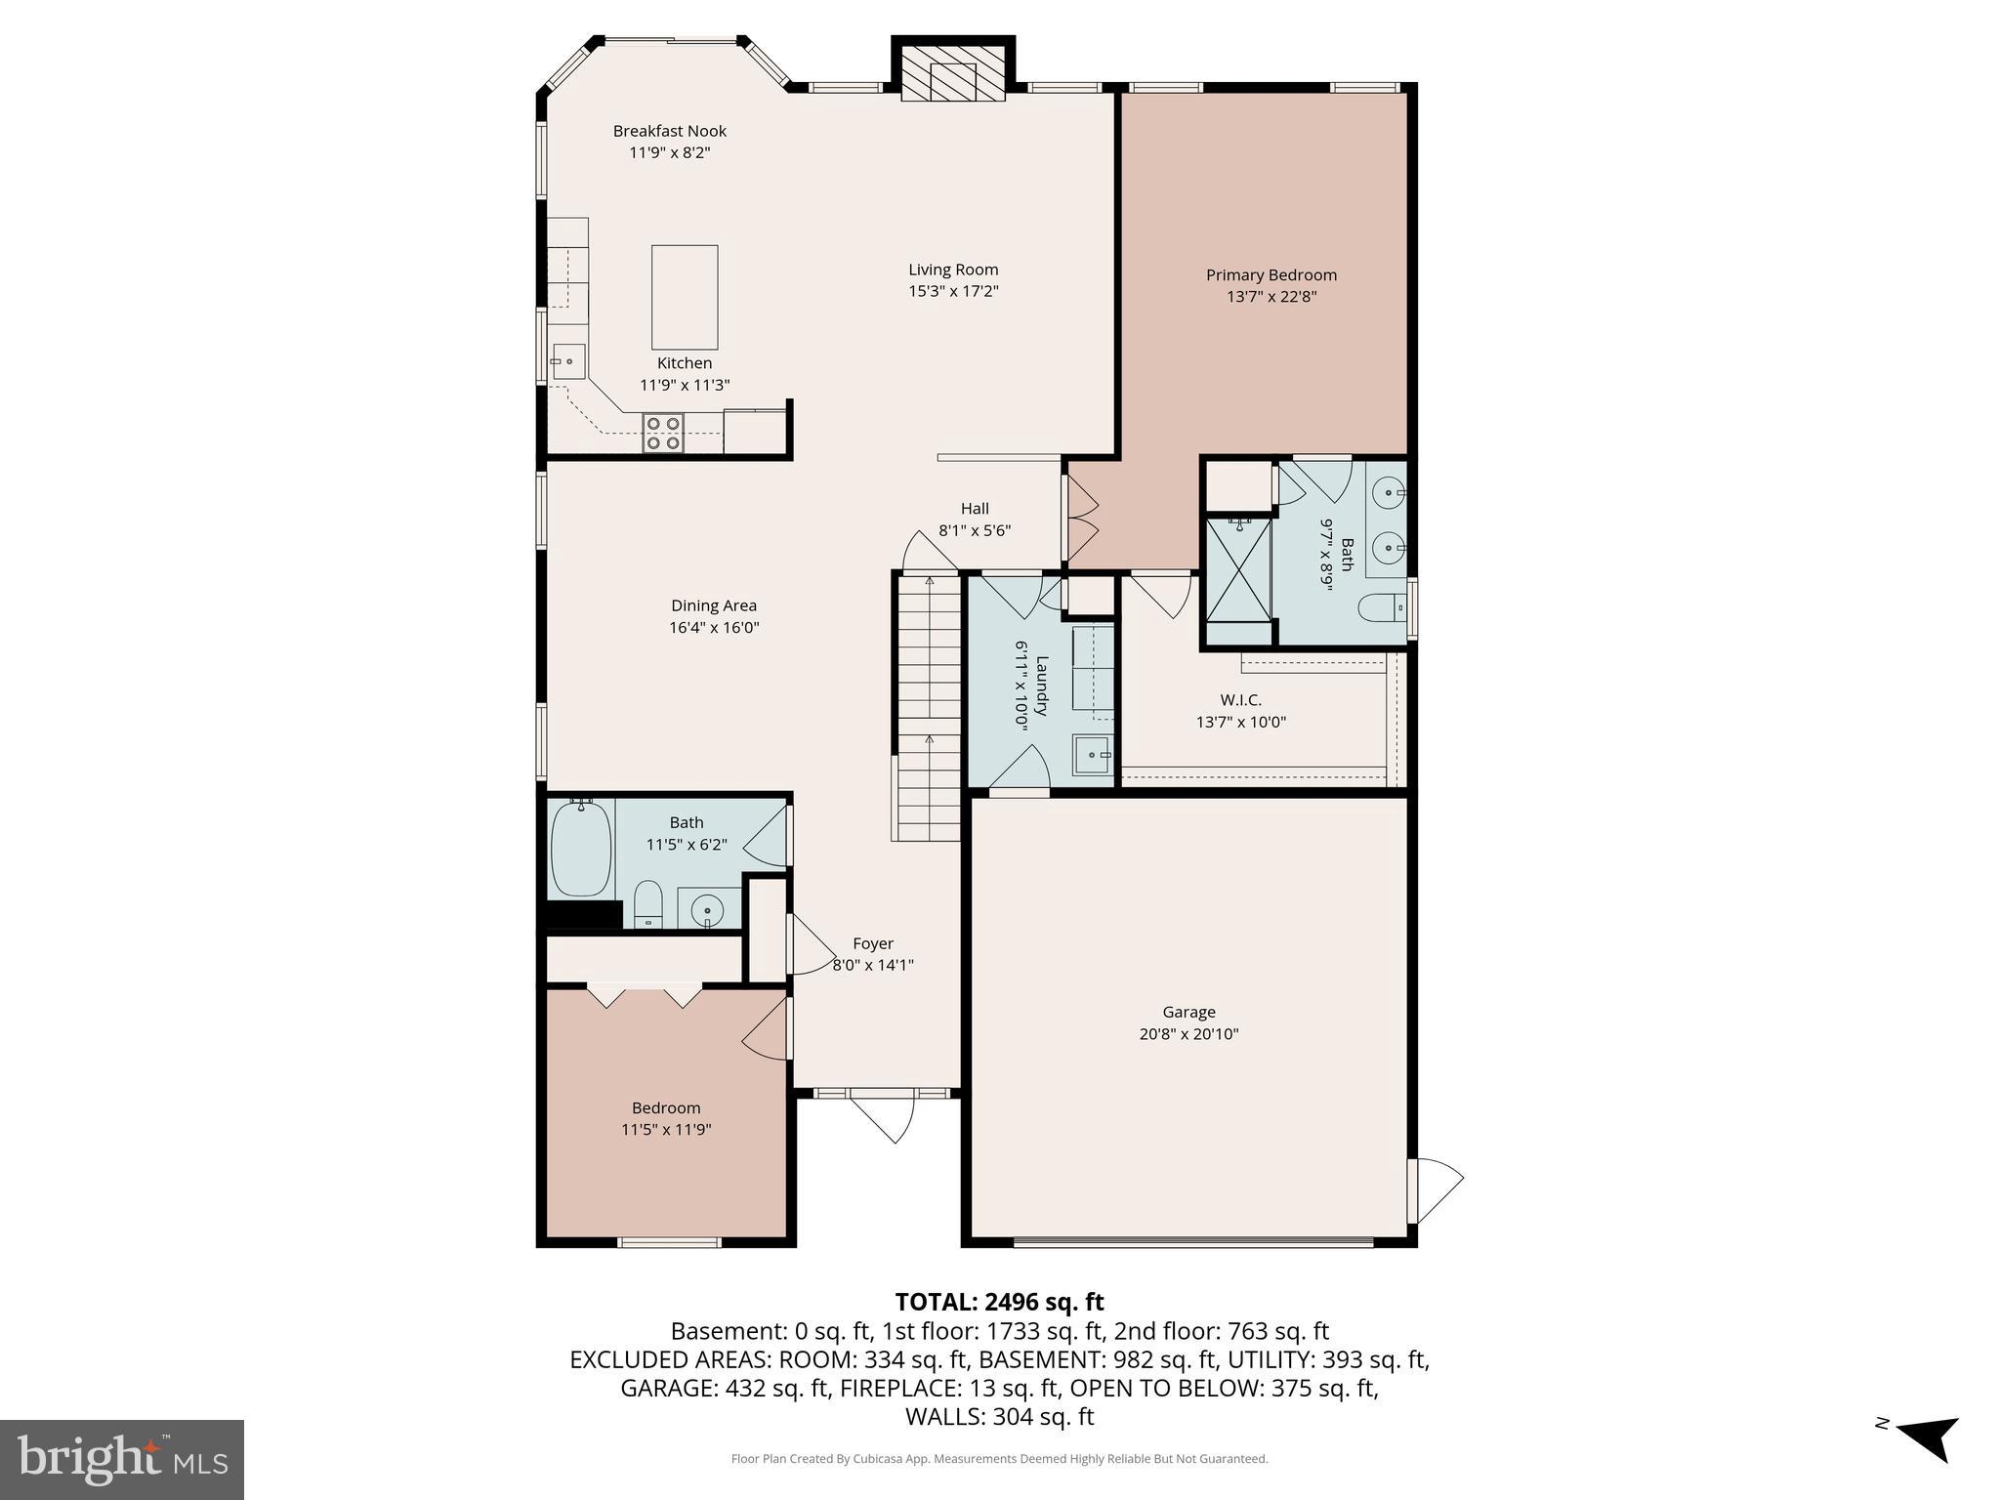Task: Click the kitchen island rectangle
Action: tap(685, 297)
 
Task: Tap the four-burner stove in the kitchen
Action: tap(663, 433)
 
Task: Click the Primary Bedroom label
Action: tap(1271, 275)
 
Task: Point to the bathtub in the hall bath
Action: tap(581, 847)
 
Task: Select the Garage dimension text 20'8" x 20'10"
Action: tap(1188, 1034)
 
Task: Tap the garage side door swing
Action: tap(1436, 1189)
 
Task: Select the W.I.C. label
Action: tap(1240, 700)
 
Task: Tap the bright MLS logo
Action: tap(122, 1459)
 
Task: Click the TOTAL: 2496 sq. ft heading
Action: tap(999, 1302)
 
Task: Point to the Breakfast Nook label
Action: tap(670, 131)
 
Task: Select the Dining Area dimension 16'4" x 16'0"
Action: tap(714, 628)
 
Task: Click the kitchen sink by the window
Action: tap(568, 361)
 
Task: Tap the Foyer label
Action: tap(872, 943)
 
